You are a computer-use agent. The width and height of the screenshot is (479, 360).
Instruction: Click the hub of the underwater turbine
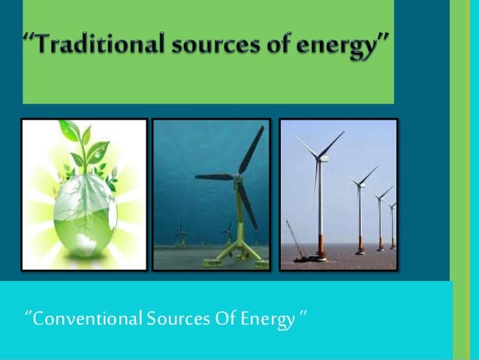[238, 177]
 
